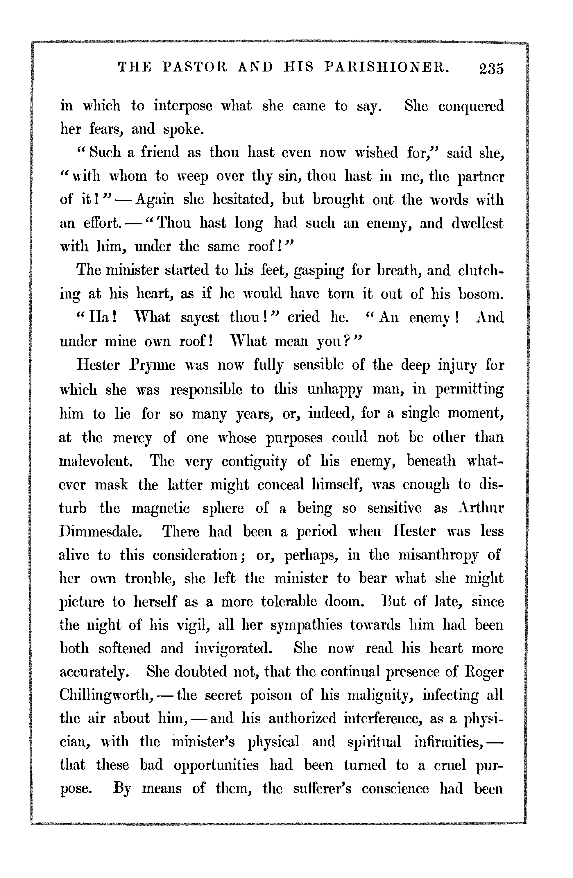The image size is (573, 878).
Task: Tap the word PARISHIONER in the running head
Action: (387, 67)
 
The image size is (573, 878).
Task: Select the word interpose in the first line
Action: (183, 107)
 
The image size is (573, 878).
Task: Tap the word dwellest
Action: (477, 223)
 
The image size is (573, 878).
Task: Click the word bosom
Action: (481, 294)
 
